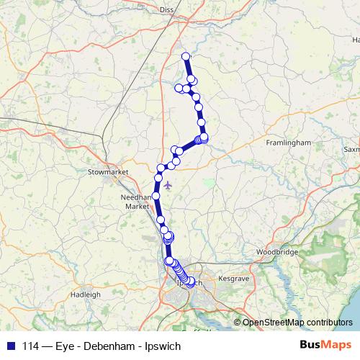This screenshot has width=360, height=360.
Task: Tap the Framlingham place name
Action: (288, 143)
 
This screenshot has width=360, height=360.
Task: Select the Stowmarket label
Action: (107, 173)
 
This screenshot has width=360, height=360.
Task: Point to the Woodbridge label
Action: (277, 253)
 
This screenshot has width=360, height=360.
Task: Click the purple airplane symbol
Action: (168, 186)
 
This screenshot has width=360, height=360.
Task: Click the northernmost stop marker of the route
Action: (186, 56)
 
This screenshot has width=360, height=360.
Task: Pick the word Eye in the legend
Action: (59, 346)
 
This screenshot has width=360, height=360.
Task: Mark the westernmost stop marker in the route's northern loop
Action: (179, 88)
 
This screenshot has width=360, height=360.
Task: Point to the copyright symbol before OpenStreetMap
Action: (237, 323)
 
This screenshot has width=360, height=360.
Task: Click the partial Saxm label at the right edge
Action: (351, 150)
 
